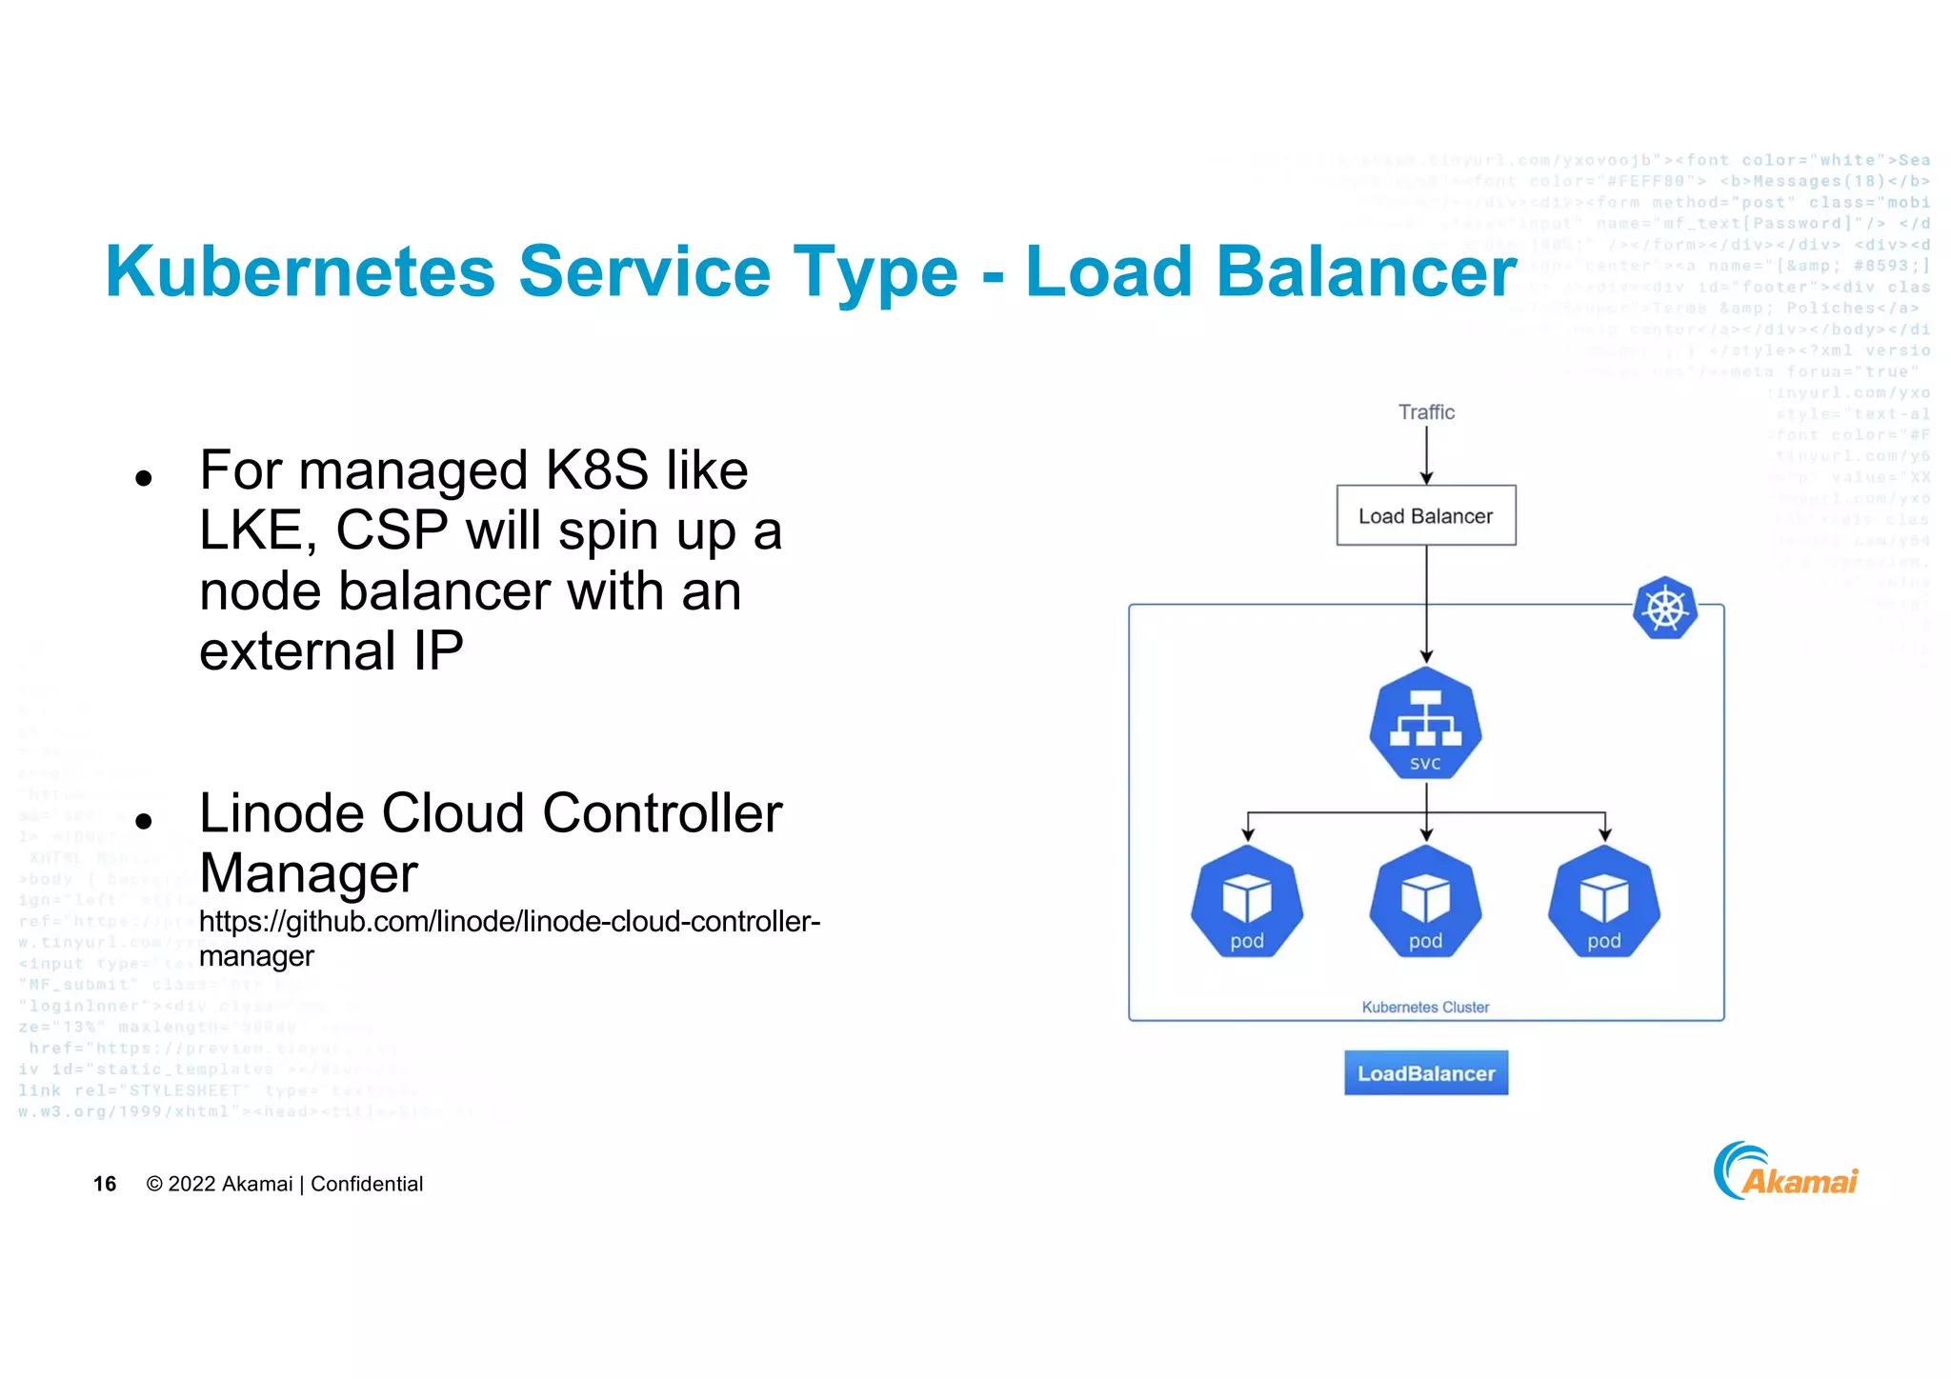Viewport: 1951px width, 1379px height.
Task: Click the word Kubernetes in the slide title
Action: (300, 272)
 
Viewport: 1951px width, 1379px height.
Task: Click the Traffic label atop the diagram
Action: (1426, 412)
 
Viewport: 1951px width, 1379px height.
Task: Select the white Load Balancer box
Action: (1426, 516)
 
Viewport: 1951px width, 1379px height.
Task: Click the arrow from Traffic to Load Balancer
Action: (1426, 455)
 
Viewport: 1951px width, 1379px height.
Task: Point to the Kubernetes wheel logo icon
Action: (1665, 609)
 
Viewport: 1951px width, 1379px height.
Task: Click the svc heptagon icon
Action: (1426, 724)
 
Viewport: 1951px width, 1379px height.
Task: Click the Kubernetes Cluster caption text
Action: (1425, 1008)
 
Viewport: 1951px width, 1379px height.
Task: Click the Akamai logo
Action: (1786, 1172)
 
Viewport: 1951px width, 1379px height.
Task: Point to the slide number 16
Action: (105, 1184)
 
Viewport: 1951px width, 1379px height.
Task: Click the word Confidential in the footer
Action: (367, 1184)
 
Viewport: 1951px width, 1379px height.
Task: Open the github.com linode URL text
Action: (509, 922)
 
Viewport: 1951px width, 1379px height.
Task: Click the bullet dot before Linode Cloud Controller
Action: (144, 820)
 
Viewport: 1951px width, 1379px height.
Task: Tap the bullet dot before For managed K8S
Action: (144, 477)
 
